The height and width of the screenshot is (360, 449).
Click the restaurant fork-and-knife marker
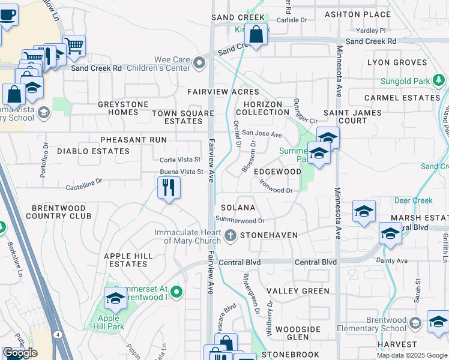(169, 188)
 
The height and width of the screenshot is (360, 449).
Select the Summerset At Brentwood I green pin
(176, 292)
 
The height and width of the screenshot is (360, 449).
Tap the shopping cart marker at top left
(74, 46)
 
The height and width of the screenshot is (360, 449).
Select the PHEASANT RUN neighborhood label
(125, 140)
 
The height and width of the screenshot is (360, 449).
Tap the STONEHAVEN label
(268, 236)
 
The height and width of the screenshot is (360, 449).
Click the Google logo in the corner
(20, 353)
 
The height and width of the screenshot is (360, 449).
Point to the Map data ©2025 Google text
(411, 355)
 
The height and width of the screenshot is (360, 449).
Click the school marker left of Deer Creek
(364, 212)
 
